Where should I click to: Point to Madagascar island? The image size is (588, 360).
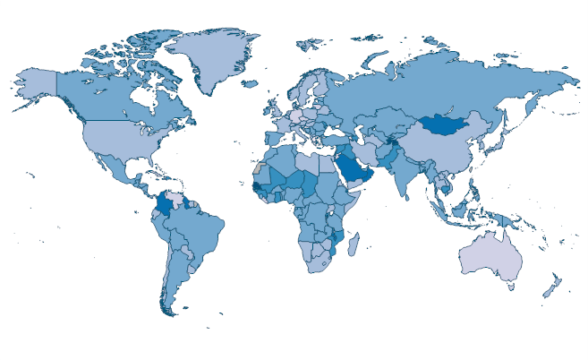pyautogui.click(x=354, y=244)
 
